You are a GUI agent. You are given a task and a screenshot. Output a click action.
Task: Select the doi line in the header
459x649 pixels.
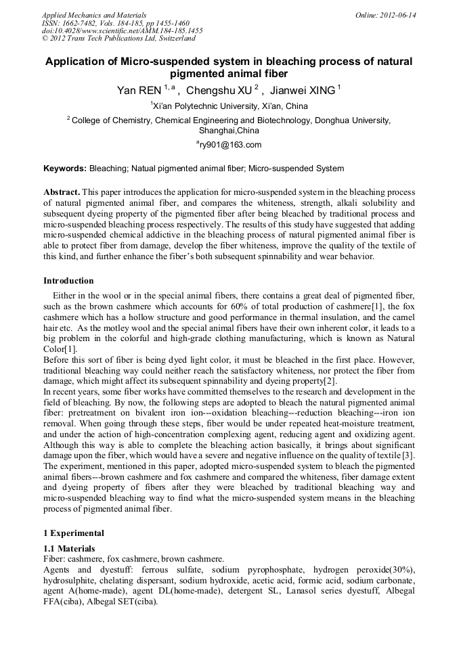pos(122,31)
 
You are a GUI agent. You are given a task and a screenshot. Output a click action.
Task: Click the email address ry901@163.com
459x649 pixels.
pos(230,145)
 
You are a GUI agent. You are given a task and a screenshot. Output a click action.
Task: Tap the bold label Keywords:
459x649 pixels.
pos(65,169)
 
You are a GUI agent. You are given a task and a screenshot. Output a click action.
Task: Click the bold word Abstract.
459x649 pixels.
pos(62,193)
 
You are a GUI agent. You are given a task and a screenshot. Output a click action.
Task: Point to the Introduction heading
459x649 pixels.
pos(68,281)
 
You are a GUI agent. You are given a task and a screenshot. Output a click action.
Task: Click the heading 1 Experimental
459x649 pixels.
pos(74,533)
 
